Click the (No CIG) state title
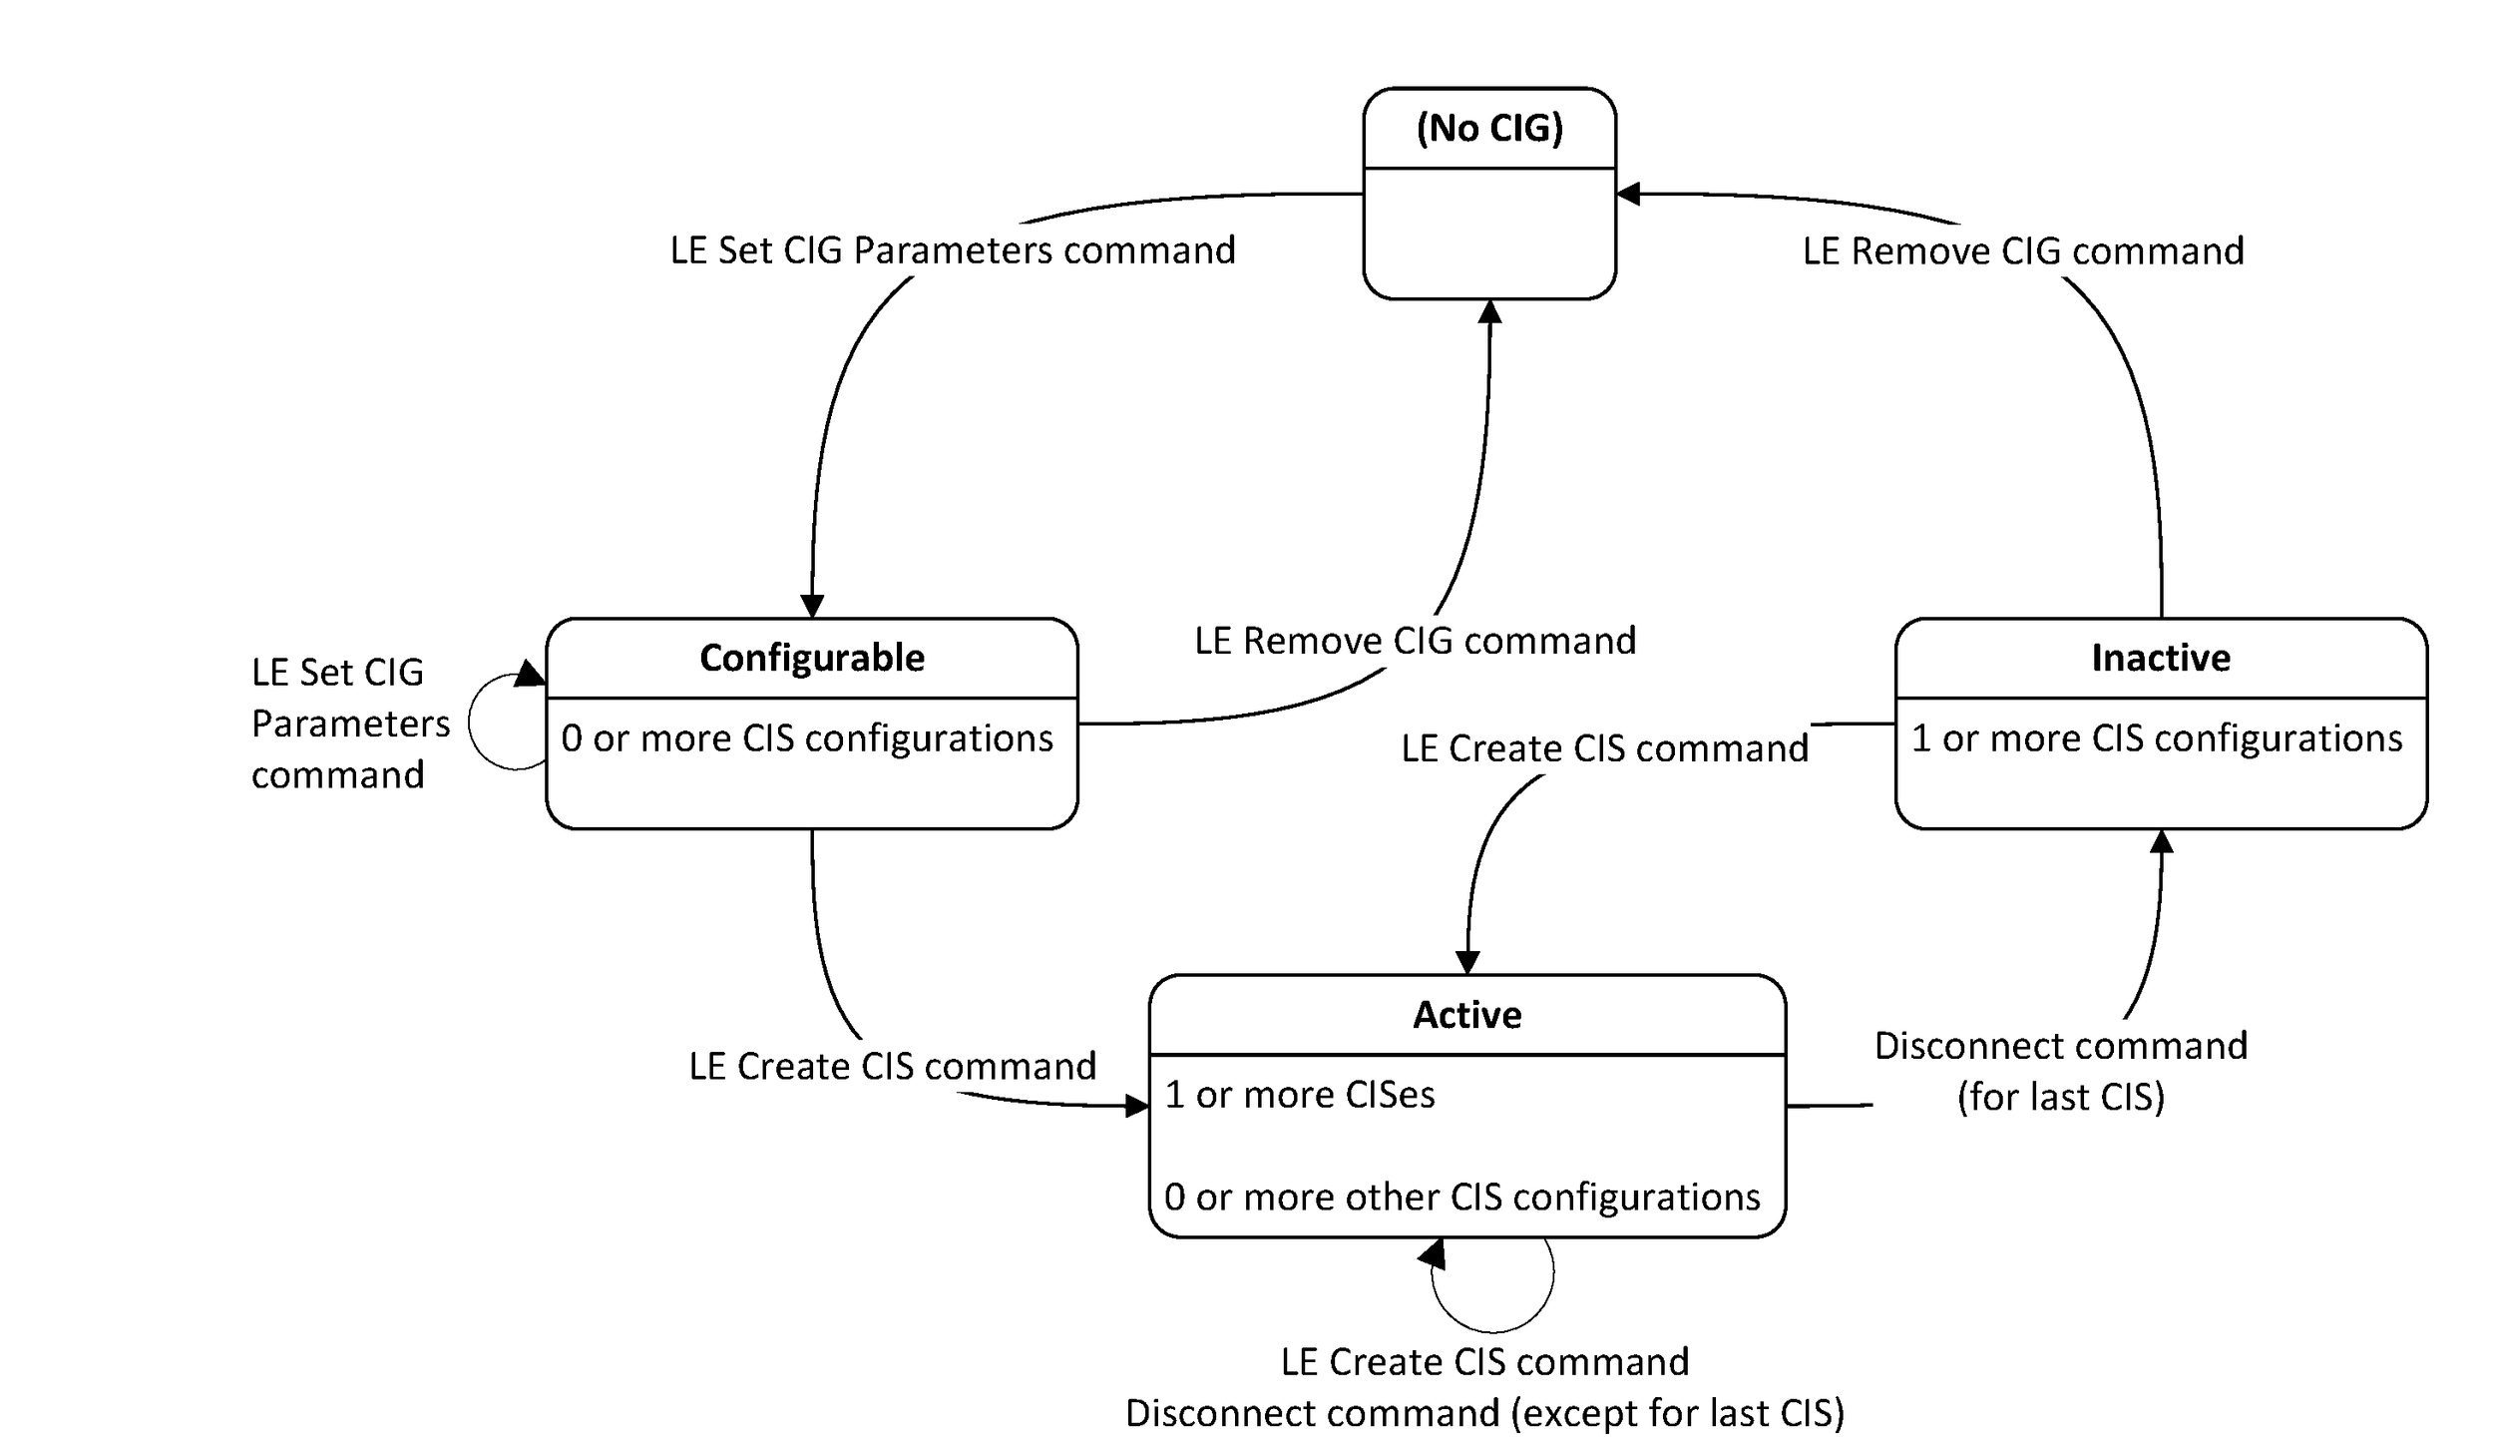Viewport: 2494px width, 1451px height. (x=1488, y=128)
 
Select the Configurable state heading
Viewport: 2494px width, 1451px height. (x=811, y=658)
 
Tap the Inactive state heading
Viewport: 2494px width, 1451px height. (x=2160, y=658)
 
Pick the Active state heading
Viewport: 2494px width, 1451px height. (x=1466, y=1015)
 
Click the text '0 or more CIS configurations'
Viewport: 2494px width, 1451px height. (x=806, y=738)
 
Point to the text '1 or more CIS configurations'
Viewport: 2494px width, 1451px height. (x=2156, y=738)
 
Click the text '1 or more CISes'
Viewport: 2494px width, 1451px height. (x=1299, y=1095)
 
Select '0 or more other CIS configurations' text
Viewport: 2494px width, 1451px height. (x=1461, y=1197)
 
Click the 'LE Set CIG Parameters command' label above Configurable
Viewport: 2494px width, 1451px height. (x=952, y=249)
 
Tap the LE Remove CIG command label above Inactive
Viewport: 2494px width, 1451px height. (x=2022, y=250)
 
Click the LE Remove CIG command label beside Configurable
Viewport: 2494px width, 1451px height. (x=1415, y=641)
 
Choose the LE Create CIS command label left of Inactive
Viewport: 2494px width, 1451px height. (x=1603, y=748)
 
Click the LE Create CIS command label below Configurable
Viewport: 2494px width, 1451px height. (x=892, y=1066)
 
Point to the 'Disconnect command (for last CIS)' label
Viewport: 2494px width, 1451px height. (x=2060, y=1071)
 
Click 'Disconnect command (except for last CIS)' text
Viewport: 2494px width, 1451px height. (x=1484, y=1413)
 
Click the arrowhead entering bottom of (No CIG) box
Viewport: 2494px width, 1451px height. (x=1488, y=311)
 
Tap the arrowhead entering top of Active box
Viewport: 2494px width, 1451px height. (x=1466, y=962)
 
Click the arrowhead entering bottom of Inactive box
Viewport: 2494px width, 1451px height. (x=2160, y=841)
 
